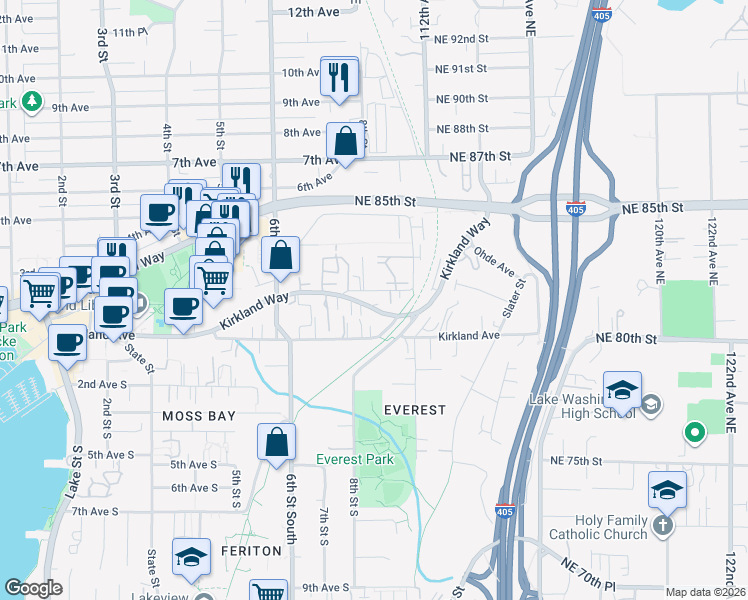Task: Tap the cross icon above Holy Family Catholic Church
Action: point(662,525)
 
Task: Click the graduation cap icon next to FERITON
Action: point(191,558)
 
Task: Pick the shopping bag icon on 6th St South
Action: point(277,443)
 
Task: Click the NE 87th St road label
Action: point(480,157)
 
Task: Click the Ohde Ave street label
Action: point(493,264)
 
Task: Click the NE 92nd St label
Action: point(461,39)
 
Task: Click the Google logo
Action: point(33,589)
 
